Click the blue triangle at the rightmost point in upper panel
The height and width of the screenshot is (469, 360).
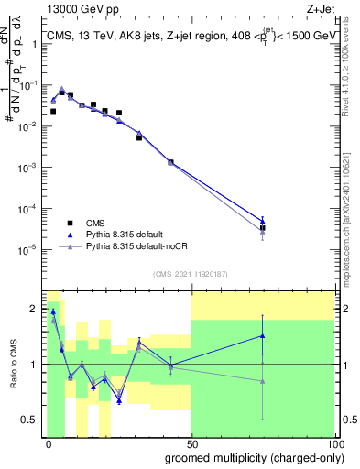tap(263, 220)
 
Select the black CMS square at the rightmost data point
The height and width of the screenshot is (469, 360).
tap(263, 228)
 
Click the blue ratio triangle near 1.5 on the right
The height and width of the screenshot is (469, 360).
tap(263, 335)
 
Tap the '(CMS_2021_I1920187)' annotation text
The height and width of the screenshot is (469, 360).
tap(190, 273)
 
